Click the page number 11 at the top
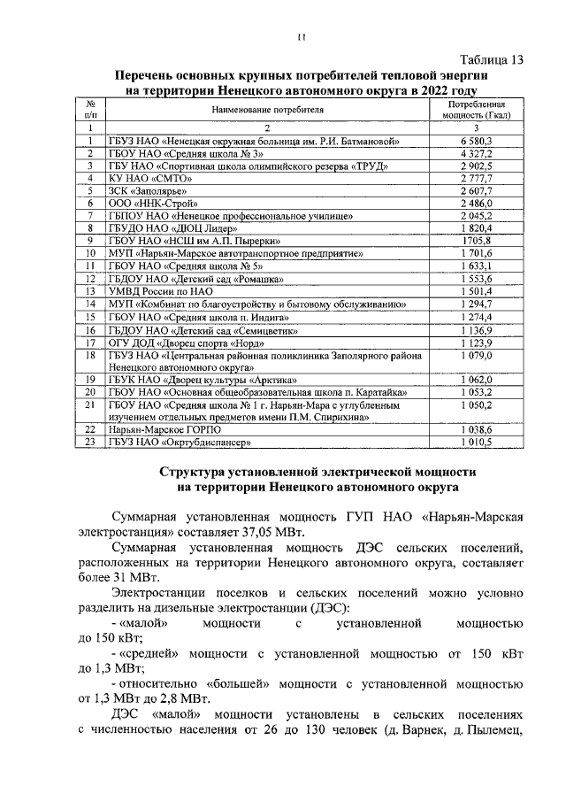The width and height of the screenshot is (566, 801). click(x=300, y=37)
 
